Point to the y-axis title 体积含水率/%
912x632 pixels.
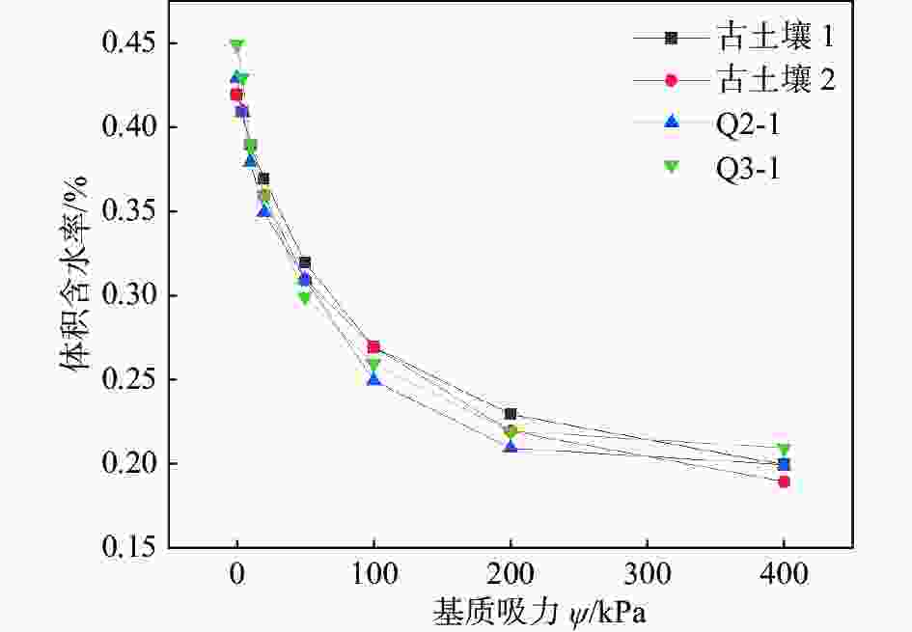75,295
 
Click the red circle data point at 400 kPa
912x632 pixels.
784,481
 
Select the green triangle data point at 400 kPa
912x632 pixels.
784,451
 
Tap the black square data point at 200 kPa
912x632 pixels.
511,414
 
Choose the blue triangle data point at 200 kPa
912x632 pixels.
511,446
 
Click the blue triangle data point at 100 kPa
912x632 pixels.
373,378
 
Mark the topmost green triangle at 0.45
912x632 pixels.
236,45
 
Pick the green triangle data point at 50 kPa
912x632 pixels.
305,298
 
